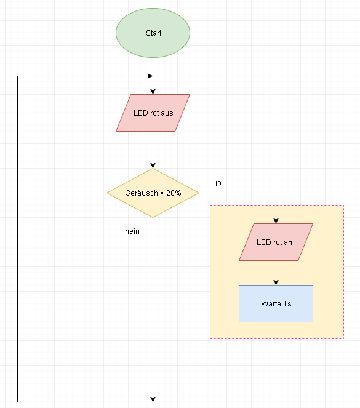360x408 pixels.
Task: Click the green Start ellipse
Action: tap(153, 33)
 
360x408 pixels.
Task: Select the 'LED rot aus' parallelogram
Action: tap(153, 113)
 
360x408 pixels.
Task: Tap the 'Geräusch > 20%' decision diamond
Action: tap(153, 193)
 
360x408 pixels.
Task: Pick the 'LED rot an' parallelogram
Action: tap(276, 242)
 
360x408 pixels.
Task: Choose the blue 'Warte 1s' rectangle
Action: tap(276, 303)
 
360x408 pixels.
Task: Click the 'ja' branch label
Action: tap(218, 183)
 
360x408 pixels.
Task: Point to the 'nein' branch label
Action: tap(132, 231)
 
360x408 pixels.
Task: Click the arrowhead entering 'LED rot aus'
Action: tap(153, 92)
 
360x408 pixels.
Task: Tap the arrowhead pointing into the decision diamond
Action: tap(153, 166)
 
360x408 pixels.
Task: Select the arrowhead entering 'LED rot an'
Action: tap(276, 221)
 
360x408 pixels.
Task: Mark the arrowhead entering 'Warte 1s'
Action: tap(276, 282)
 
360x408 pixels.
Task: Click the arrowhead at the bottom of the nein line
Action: tap(153, 399)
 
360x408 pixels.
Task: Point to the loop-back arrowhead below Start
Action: tap(150, 76)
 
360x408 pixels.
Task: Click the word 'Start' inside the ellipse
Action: tap(153, 33)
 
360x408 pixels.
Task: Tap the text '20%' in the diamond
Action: tap(174, 193)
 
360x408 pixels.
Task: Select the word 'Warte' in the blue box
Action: tap(271, 303)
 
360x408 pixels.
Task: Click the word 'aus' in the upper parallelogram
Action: tap(167, 113)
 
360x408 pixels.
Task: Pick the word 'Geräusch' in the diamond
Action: tap(142, 193)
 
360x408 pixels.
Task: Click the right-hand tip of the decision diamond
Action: tap(199, 193)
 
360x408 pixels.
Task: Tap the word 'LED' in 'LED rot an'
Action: tap(262, 242)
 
